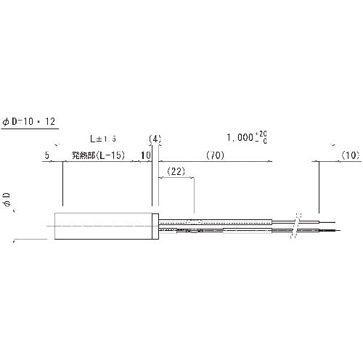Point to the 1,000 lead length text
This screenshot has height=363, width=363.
[x=240, y=137]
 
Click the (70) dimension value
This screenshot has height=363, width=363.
[x=215, y=155]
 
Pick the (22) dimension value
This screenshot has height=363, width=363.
[x=176, y=171]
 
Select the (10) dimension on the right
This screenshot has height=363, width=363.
[x=350, y=155]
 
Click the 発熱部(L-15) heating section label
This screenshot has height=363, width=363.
[x=98, y=155]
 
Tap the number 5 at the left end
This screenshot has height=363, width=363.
[x=46, y=155]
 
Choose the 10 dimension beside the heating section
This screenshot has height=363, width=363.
[x=145, y=155]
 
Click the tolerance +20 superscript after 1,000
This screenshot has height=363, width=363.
[x=262, y=134]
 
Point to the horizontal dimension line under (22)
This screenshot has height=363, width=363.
[x=176, y=180]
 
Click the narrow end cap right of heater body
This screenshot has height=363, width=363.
[x=155, y=227]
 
